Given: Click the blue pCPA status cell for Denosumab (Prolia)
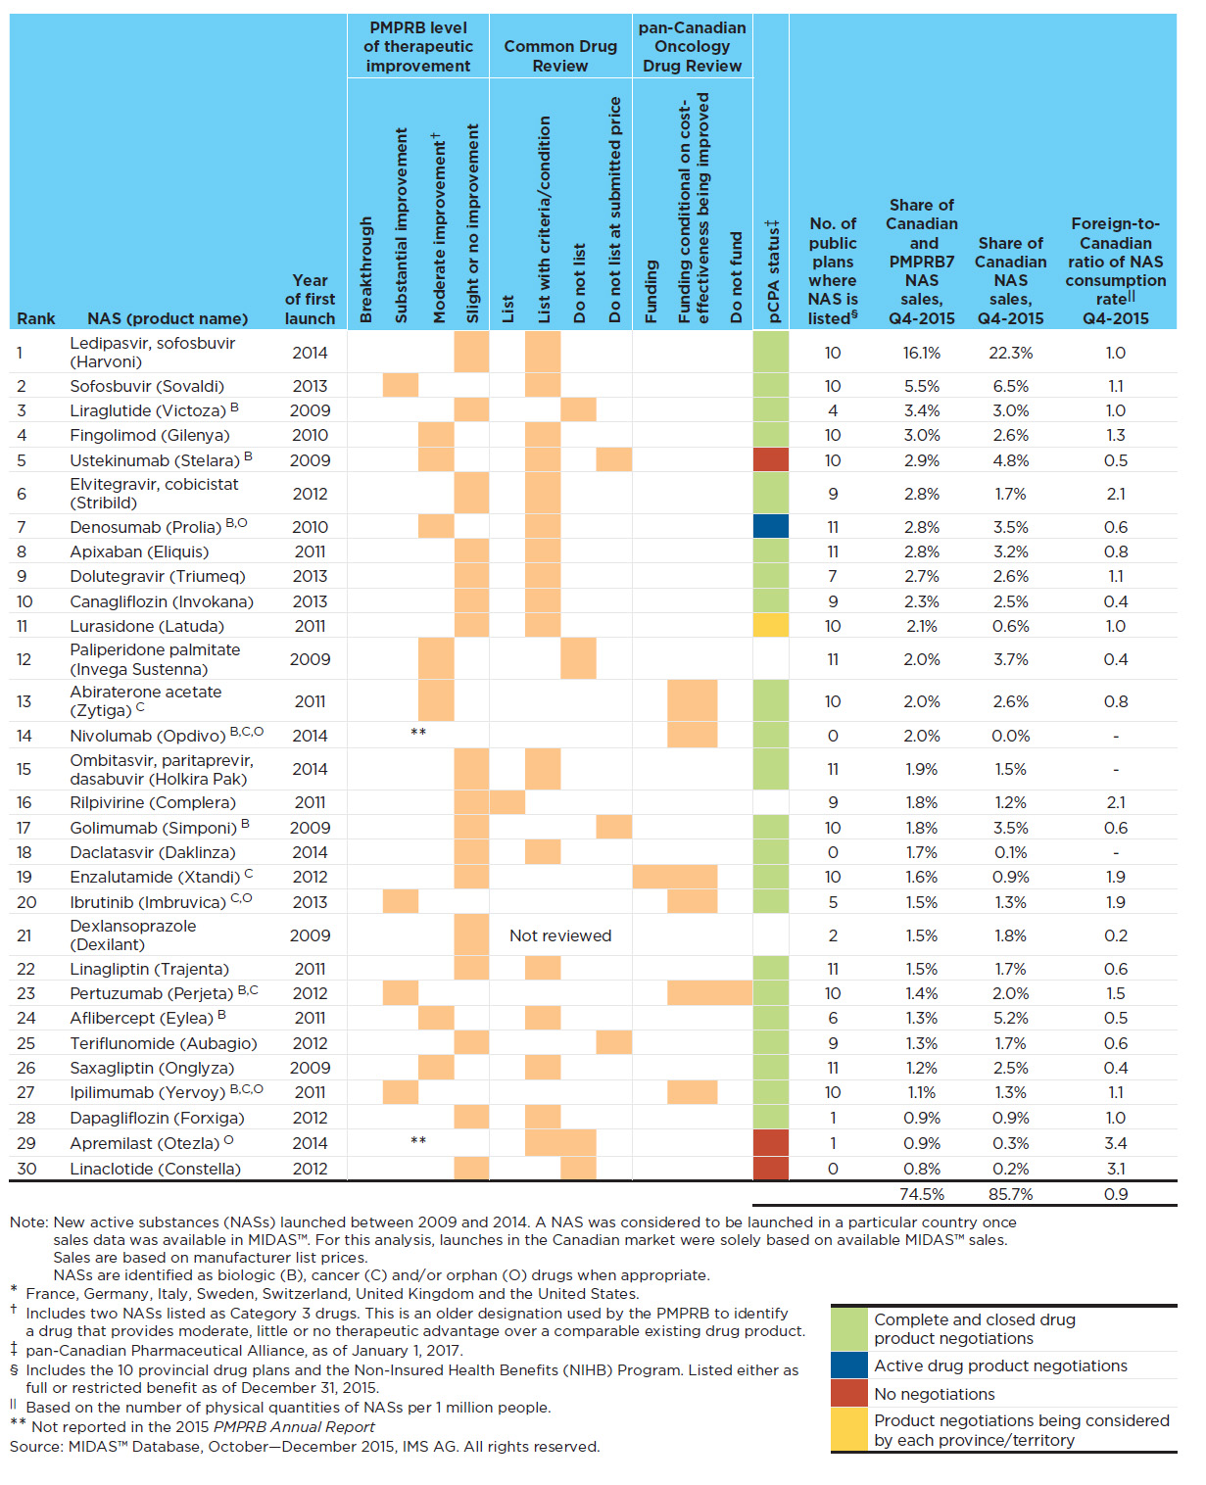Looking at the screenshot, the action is [x=770, y=526].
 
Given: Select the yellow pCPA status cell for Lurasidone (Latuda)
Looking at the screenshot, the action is [x=770, y=625].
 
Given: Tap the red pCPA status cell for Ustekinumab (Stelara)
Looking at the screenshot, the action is [x=770, y=460].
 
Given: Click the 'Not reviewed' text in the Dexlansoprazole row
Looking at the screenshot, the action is [x=559, y=934].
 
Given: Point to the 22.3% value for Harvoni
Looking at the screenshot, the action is [x=1010, y=353].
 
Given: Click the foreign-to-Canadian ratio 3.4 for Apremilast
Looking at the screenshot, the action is [x=1115, y=1143].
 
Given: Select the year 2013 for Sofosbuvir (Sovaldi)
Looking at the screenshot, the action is [x=310, y=386].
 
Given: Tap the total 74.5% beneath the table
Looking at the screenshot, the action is [x=922, y=1193].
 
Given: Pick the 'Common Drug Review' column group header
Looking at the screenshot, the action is [x=559, y=56].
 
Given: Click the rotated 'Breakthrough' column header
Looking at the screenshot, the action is [x=365, y=269].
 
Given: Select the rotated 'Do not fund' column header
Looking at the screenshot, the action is [x=736, y=277].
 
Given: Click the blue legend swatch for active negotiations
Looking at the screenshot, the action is [x=848, y=1365].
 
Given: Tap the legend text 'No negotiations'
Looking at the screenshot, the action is [x=934, y=1394].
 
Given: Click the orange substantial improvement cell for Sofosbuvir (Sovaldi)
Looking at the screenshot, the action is [x=400, y=385].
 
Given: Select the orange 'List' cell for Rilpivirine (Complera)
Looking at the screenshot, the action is [x=507, y=801].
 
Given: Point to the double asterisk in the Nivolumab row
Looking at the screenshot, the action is [x=417, y=732].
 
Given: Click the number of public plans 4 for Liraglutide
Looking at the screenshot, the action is [x=833, y=410].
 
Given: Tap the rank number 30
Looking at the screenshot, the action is [x=26, y=1169].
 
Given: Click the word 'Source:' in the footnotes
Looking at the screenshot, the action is [x=36, y=1447].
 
